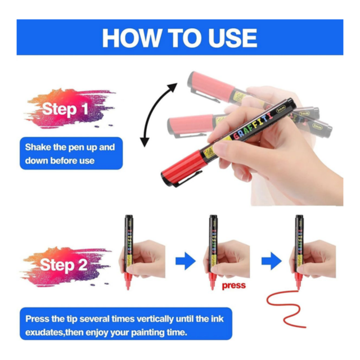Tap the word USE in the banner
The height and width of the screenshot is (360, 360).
click(232, 38)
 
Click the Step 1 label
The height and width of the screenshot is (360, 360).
click(65, 109)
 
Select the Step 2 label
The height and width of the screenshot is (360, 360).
click(64, 265)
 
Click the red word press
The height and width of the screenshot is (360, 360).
click(234, 286)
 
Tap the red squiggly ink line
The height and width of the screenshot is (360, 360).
click(285, 309)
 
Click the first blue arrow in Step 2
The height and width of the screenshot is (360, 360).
click(186, 261)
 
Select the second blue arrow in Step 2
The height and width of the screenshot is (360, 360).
click(271, 261)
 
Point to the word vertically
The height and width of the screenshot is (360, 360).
click(155, 319)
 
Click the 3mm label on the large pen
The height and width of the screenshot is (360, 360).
click(281, 107)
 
